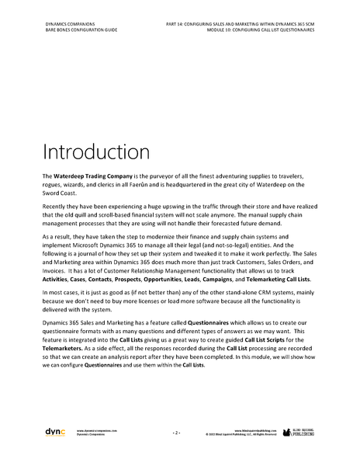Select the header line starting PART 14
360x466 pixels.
pyautogui.click(x=251, y=24)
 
